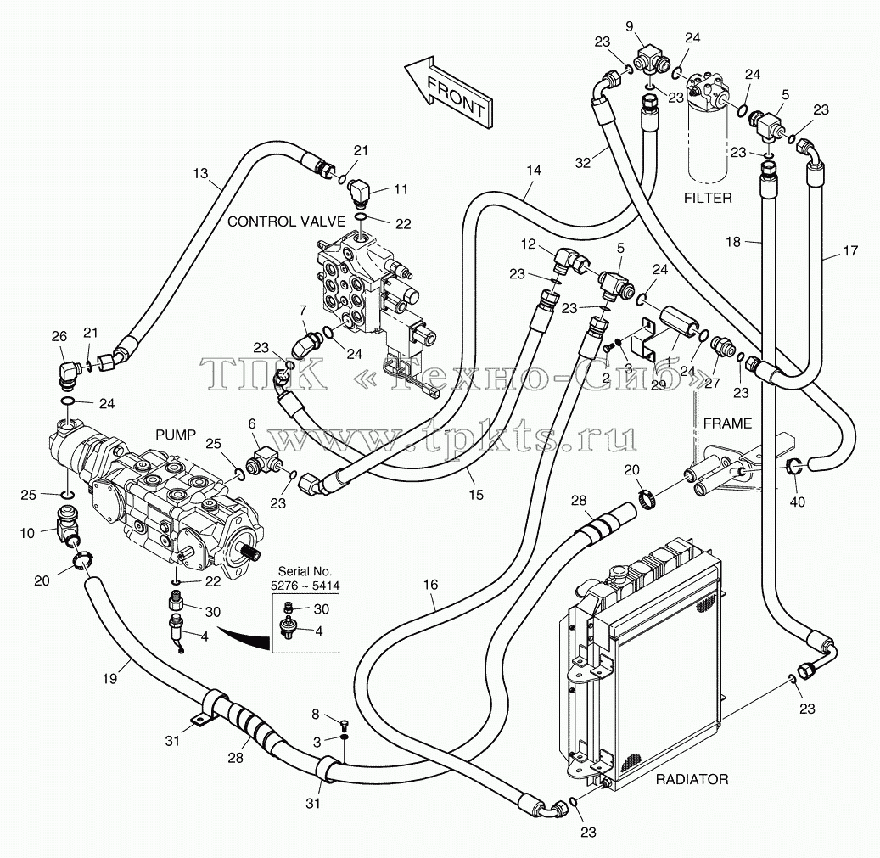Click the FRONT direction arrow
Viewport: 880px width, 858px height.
click(448, 92)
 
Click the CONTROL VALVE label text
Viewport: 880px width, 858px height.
click(286, 222)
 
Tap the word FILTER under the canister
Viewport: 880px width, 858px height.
click(708, 198)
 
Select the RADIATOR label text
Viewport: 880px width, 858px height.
click(692, 779)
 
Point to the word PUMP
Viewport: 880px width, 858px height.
click(176, 435)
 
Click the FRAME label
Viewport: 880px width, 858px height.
click(727, 423)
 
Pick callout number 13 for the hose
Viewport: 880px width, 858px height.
click(200, 173)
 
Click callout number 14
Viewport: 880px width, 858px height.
click(534, 170)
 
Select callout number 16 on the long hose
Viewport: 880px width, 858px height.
click(430, 585)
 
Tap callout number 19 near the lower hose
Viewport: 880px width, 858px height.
click(110, 678)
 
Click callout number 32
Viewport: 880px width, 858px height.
click(583, 162)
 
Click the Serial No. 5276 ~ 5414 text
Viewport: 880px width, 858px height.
click(305, 579)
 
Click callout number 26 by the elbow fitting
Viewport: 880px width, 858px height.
click(59, 336)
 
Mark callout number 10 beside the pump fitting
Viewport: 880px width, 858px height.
click(27, 533)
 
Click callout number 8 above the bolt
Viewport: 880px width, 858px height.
click(316, 714)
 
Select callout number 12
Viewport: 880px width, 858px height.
click(529, 244)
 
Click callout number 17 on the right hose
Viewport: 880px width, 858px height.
click(851, 251)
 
